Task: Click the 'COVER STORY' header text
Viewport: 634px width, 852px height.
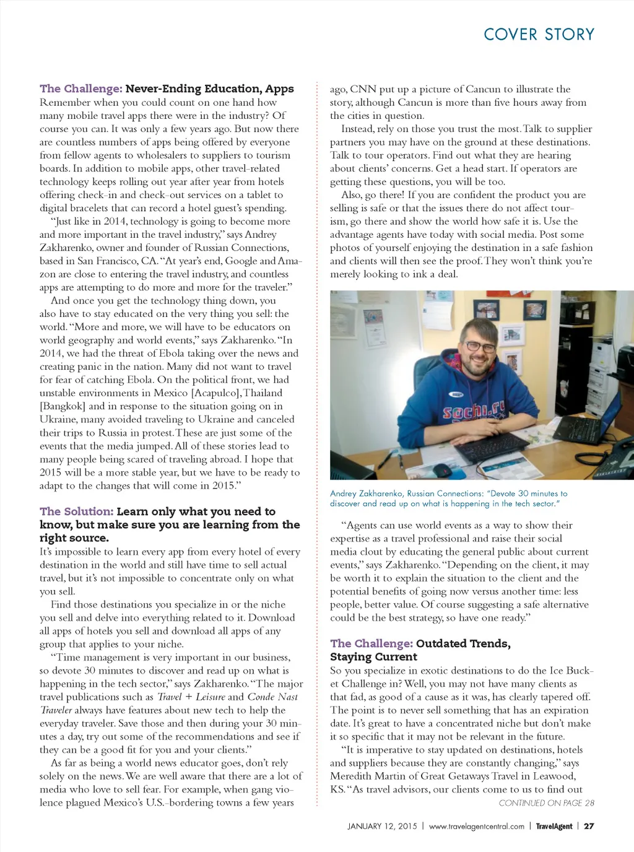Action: point(539,35)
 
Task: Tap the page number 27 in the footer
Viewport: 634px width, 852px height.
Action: point(589,826)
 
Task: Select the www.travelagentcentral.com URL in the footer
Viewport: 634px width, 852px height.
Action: point(476,826)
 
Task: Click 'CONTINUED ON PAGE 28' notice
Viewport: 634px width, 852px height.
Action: point(546,803)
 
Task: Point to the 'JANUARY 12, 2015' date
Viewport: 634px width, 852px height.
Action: point(382,826)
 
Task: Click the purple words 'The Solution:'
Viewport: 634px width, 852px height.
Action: point(76,511)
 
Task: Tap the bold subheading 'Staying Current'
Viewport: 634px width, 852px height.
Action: point(373,657)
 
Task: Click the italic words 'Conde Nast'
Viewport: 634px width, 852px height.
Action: point(272,697)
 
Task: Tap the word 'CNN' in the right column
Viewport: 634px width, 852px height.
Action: point(363,89)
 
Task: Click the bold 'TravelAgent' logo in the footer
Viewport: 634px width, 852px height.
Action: point(554,826)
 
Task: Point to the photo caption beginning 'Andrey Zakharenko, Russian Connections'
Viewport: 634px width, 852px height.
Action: point(448,498)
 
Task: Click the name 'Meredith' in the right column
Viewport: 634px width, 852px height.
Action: point(350,776)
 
